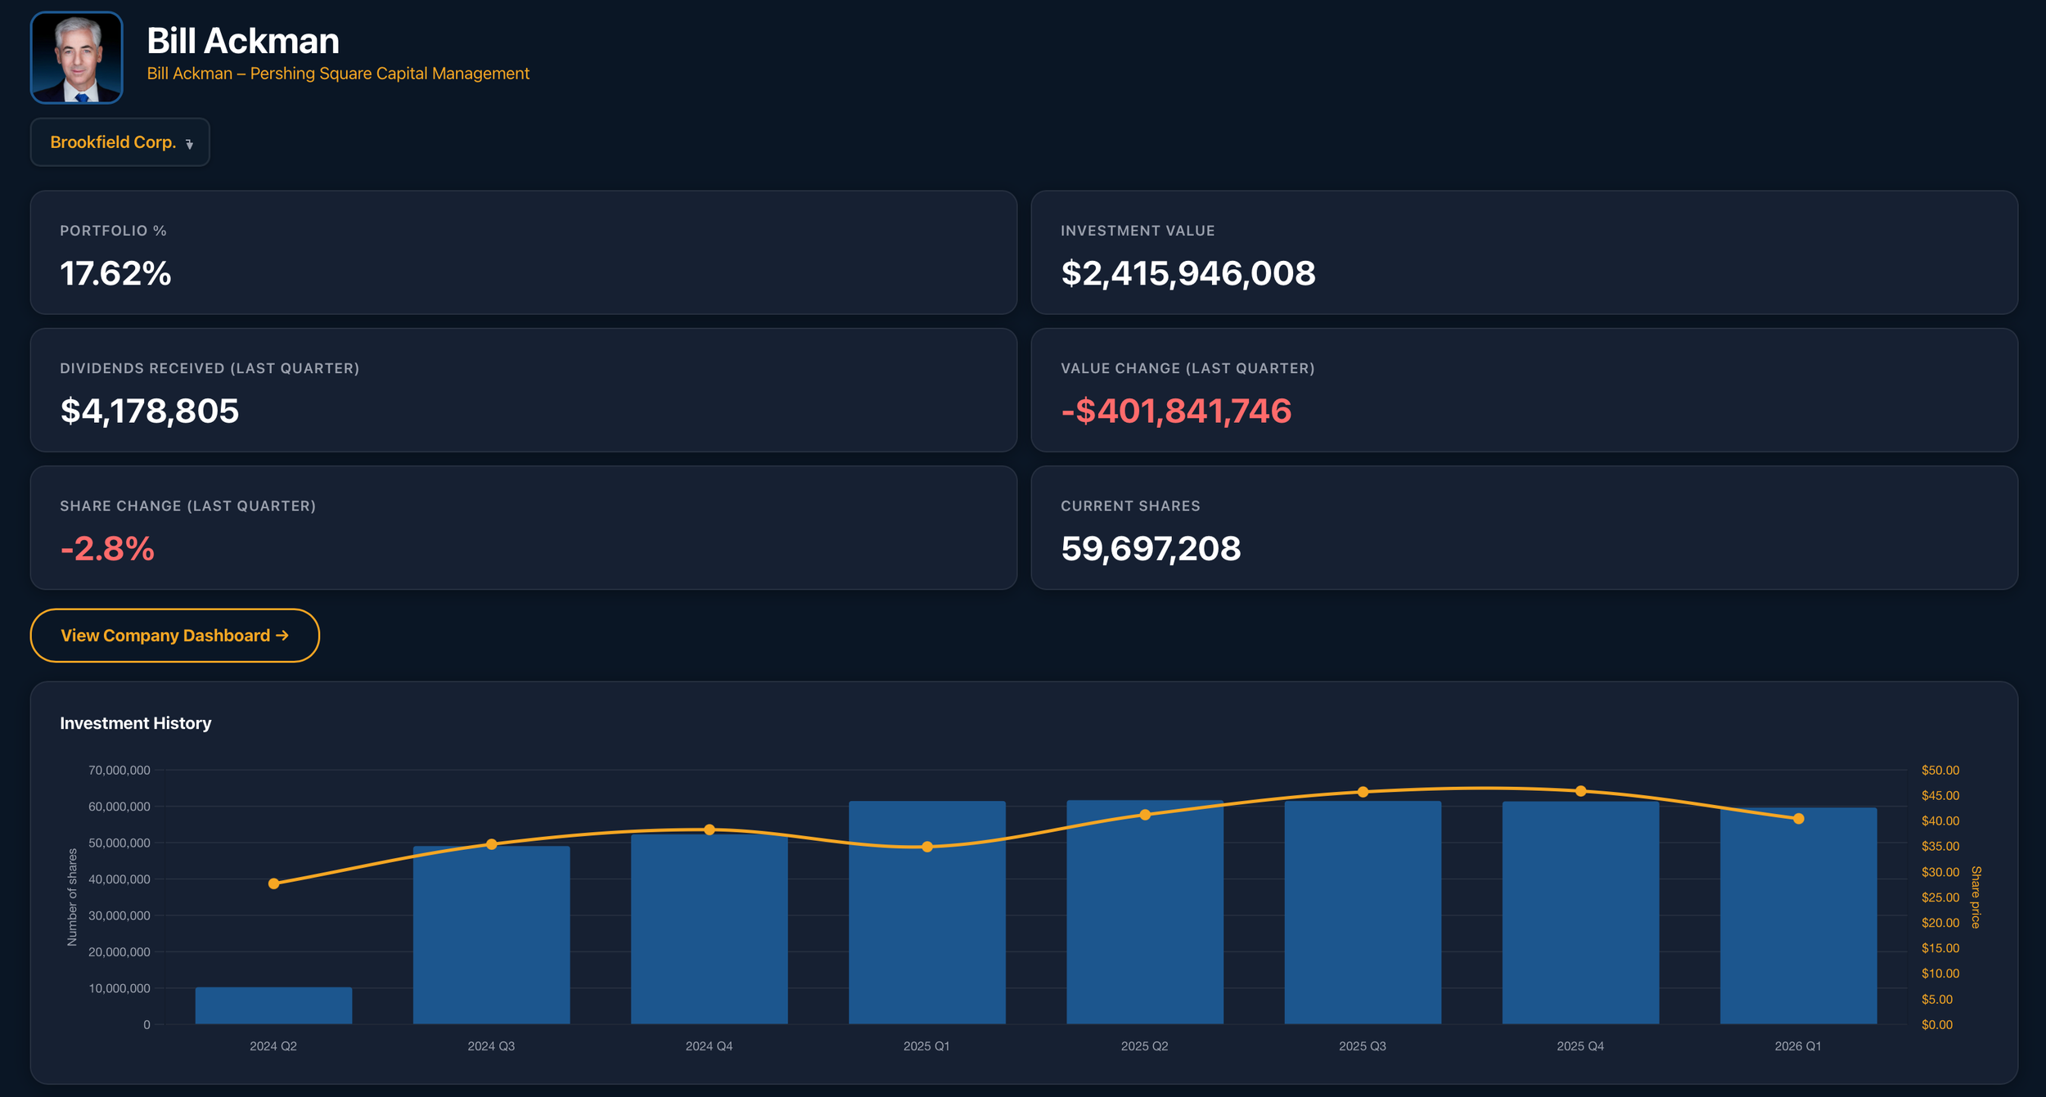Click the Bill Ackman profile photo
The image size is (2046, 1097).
(77, 57)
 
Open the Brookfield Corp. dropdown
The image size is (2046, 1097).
(120, 142)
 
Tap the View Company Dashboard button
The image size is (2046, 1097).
(175, 636)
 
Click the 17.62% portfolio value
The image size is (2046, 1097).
(115, 273)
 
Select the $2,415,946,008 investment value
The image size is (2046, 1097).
(1188, 273)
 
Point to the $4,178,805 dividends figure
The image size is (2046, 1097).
(150, 411)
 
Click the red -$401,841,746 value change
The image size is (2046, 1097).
(1176, 411)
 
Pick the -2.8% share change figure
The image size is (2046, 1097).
(107, 548)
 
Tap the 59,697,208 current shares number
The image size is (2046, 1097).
(1151, 548)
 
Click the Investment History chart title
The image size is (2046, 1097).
(136, 723)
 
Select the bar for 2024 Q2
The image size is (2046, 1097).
(273, 1005)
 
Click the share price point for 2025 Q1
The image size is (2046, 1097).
(927, 847)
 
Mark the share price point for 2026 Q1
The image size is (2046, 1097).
(1798, 819)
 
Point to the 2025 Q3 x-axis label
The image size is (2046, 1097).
(1363, 1046)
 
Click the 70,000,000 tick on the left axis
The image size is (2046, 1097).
(119, 770)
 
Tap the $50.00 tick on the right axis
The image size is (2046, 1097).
(1940, 770)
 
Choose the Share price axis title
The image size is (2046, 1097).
(1976, 897)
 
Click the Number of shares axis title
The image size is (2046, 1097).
(72, 897)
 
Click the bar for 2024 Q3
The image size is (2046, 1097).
(491, 935)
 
